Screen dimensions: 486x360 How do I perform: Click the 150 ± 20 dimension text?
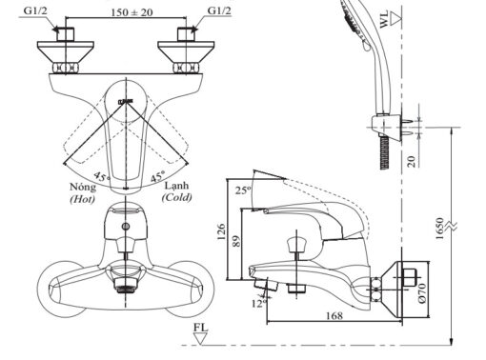pyautogui.click(x=132, y=12)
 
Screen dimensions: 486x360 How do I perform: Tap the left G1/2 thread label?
pyautogui.click(x=35, y=10)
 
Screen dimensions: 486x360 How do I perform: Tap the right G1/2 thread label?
pyautogui.click(x=219, y=10)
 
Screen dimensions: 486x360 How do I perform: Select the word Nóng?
pyautogui.click(x=83, y=187)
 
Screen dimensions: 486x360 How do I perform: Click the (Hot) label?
pyautogui.click(x=82, y=199)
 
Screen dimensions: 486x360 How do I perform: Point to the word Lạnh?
pyautogui.click(x=176, y=186)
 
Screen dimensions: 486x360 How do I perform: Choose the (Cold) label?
pyautogui.click(x=177, y=197)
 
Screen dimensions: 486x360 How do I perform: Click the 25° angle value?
pyautogui.click(x=243, y=190)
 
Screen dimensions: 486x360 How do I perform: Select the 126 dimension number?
pyautogui.click(x=221, y=231)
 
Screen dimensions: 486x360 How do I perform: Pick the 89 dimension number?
pyautogui.click(x=236, y=241)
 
